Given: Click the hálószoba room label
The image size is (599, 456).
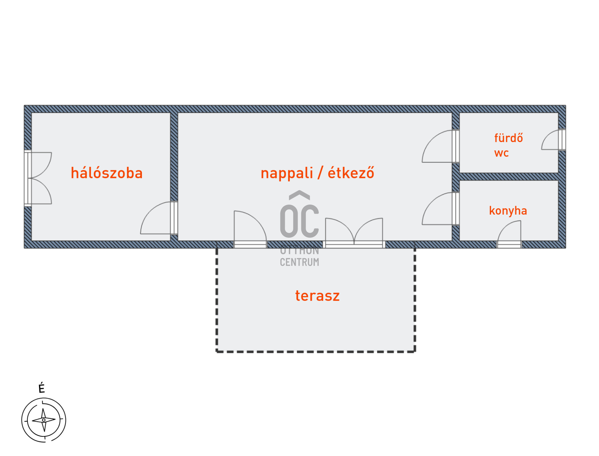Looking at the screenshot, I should pyautogui.click(x=107, y=173).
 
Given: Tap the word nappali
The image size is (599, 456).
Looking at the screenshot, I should pyautogui.click(x=287, y=173).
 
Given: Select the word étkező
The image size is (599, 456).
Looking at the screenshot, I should pyautogui.click(x=351, y=173).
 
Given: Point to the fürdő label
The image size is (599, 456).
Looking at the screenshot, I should pyautogui.click(x=508, y=138).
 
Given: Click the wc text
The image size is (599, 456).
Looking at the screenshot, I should pyautogui.click(x=501, y=153).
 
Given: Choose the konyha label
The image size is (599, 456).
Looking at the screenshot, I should pyautogui.click(x=508, y=211).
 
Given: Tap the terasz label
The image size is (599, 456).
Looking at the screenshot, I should pyautogui.click(x=317, y=295).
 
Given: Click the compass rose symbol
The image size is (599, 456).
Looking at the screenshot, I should pyautogui.click(x=44, y=420).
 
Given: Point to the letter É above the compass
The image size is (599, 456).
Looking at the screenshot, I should pyautogui.click(x=42, y=388).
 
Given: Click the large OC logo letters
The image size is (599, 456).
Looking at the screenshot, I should pyautogui.click(x=299, y=221).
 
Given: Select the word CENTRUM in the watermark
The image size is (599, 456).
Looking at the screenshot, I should pyautogui.click(x=299, y=262).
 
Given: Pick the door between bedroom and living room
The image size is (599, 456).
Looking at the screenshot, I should pyautogui.click(x=159, y=219).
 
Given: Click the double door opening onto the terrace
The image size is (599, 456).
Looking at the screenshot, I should pyautogui.click(x=354, y=231).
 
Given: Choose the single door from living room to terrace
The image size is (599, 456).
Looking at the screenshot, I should pyautogui.click(x=250, y=228).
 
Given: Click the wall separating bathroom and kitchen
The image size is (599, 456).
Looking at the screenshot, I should pyautogui.click(x=509, y=176).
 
